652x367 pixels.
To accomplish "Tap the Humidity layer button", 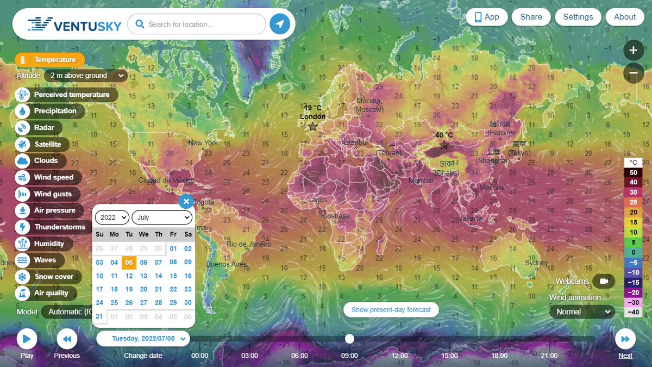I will pyautogui.click(x=43, y=244).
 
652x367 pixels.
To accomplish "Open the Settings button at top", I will pyautogui.click(x=578, y=17).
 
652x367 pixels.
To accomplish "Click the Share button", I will pyautogui.click(x=530, y=17).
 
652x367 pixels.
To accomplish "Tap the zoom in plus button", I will pyautogui.click(x=633, y=51).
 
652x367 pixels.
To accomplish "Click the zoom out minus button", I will pyautogui.click(x=633, y=73).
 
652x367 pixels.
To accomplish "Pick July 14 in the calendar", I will pyautogui.click(x=158, y=276).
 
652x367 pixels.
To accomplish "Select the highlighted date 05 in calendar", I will pyautogui.click(x=129, y=262).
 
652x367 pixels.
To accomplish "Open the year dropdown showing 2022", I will pyautogui.click(x=112, y=217).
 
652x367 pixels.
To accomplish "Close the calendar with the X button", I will pyautogui.click(x=186, y=202).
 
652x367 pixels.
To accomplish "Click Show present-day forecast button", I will pyautogui.click(x=391, y=310).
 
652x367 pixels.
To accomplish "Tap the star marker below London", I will pyautogui.click(x=312, y=127).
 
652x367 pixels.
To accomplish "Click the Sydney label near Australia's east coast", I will pyautogui.click(x=536, y=263).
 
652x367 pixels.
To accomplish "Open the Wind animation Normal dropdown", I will pyautogui.click(x=581, y=312).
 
